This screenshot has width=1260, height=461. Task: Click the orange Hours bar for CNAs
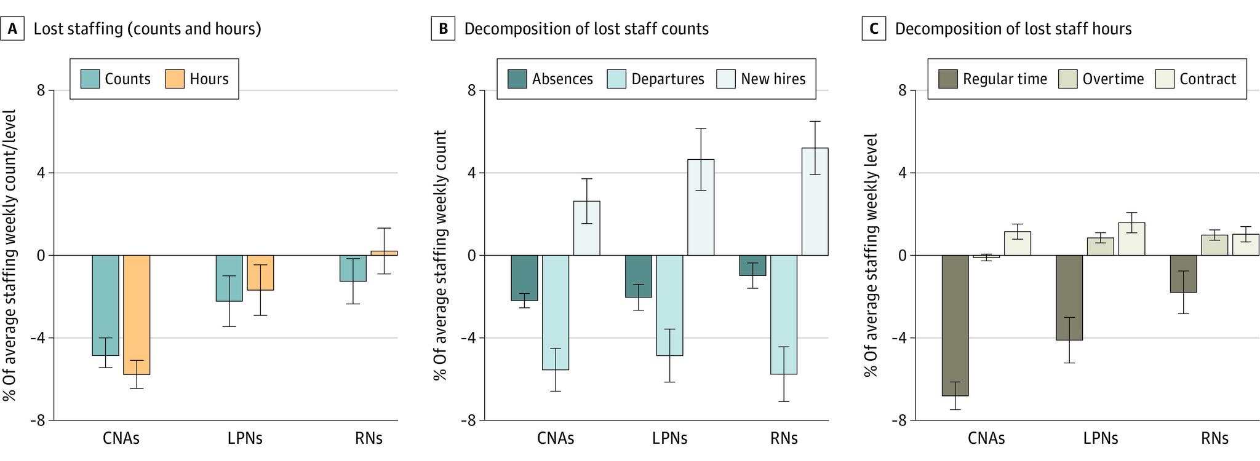(137, 314)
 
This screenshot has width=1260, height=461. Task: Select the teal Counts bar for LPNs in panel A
(229, 278)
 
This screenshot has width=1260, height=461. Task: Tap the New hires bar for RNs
(815, 202)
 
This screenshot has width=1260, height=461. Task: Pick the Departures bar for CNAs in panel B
(555, 312)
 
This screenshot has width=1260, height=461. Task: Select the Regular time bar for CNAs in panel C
(955, 325)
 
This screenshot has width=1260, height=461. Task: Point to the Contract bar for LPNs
(1131, 239)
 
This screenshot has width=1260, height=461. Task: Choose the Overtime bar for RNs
(1214, 245)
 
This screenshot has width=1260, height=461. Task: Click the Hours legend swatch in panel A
(175, 79)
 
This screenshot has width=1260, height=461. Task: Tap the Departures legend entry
(656, 79)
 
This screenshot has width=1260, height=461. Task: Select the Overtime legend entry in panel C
(1101, 79)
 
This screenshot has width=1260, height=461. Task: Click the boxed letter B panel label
(443, 29)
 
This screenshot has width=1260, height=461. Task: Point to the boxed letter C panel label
(874, 29)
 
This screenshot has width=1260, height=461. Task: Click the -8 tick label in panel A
(38, 420)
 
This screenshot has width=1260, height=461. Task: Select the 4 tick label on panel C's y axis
(902, 173)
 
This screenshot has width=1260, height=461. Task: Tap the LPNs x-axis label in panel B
(669, 438)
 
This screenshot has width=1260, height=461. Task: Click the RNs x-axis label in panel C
(1214, 438)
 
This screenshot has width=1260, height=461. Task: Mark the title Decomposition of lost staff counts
(586, 29)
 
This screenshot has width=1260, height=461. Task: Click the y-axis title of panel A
(9, 255)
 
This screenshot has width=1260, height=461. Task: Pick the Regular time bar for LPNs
(1069, 297)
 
